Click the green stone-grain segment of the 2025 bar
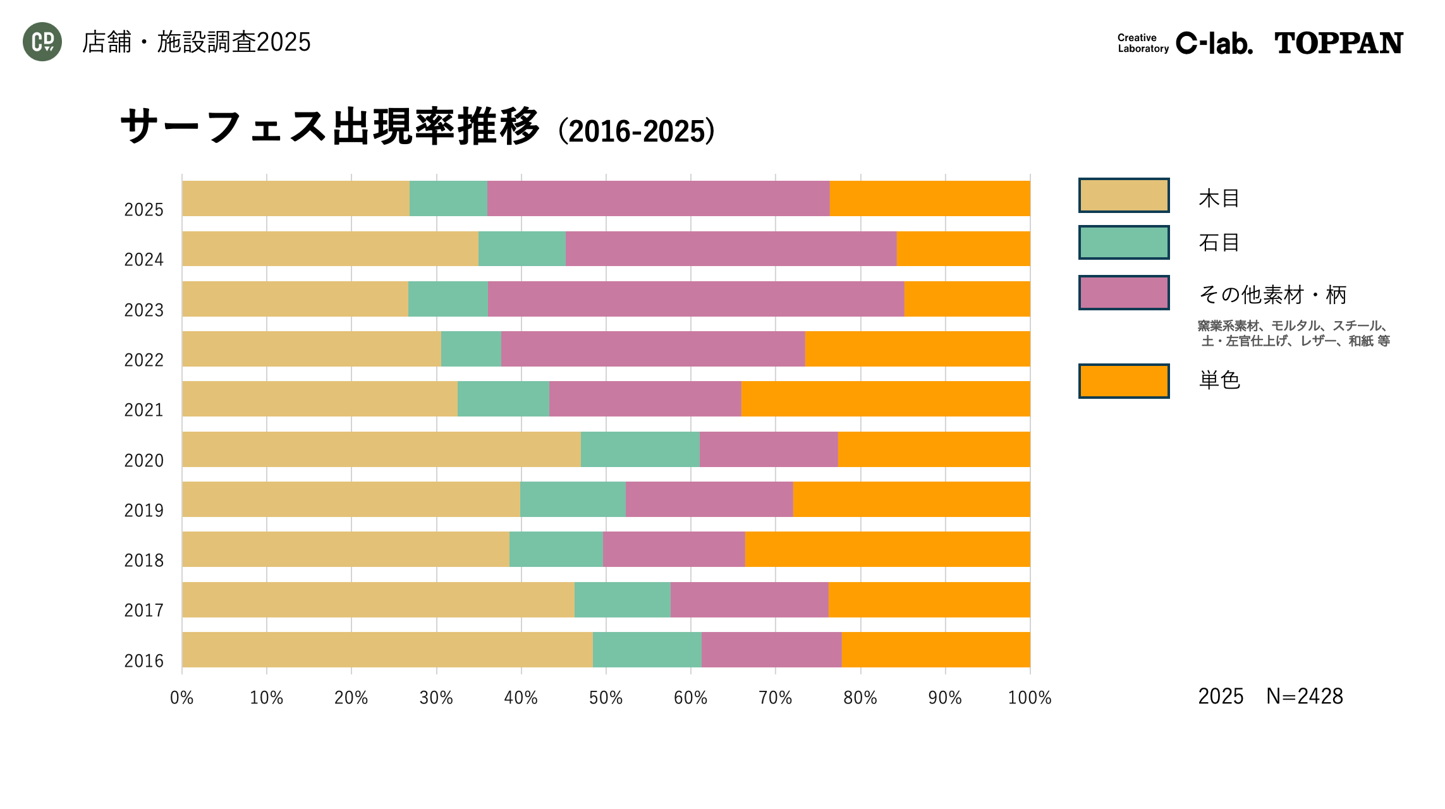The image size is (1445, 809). (x=448, y=198)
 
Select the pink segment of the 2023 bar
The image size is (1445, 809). (x=695, y=299)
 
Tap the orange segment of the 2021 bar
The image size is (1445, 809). (x=885, y=399)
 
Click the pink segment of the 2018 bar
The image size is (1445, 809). (x=674, y=549)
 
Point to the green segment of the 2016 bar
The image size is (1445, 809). (x=647, y=650)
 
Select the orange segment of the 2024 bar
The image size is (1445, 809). (x=963, y=249)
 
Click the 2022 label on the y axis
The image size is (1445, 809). (x=143, y=360)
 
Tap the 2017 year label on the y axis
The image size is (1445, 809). (x=143, y=611)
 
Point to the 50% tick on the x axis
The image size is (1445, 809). (x=606, y=698)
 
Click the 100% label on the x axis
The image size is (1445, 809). (x=1029, y=698)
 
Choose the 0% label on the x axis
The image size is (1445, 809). (x=182, y=698)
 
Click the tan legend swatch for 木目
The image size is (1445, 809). (x=1123, y=195)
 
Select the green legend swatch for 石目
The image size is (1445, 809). (x=1123, y=243)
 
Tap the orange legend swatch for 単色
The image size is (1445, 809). (x=1123, y=381)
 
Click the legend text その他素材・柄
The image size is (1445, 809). (x=1272, y=295)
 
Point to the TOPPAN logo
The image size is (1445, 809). (x=1338, y=43)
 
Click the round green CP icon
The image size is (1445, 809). (x=42, y=42)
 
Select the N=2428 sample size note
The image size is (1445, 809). (x=1304, y=696)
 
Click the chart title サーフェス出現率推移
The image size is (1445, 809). (x=329, y=127)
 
